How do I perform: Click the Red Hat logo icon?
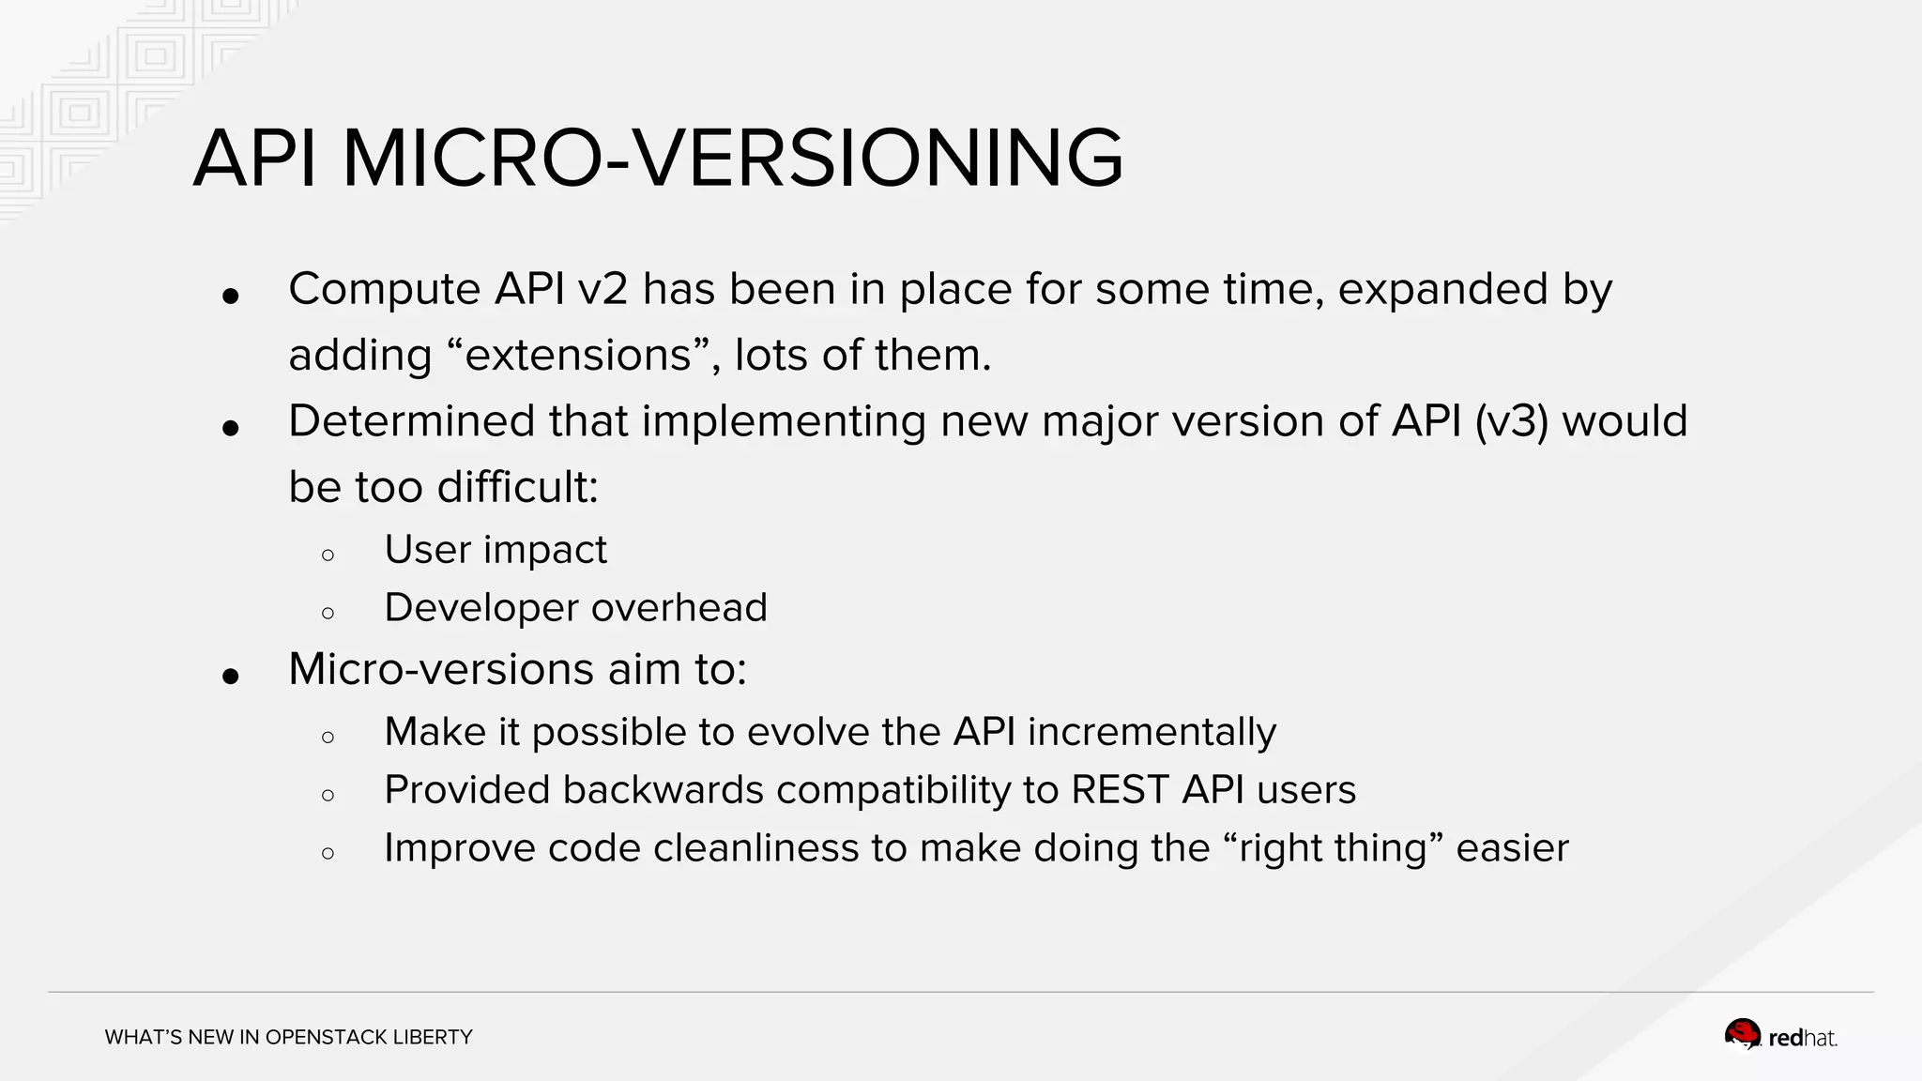coord(1743,1035)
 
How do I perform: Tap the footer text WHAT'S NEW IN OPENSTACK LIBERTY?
coord(288,1037)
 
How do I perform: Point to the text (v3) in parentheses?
coord(1511,421)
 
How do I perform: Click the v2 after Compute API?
coord(603,289)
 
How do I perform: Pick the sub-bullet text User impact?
coord(496,550)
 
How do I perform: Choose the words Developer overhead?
coord(575,608)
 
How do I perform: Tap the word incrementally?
coord(1152,732)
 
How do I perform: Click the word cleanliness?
coord(755,848)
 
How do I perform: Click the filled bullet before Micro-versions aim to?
coord(231,676)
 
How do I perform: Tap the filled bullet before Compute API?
coord(231,297)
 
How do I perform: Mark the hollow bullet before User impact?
coord(328,556)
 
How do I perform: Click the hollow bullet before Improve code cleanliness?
coord(328,854)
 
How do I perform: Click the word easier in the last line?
coord(1512,848)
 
